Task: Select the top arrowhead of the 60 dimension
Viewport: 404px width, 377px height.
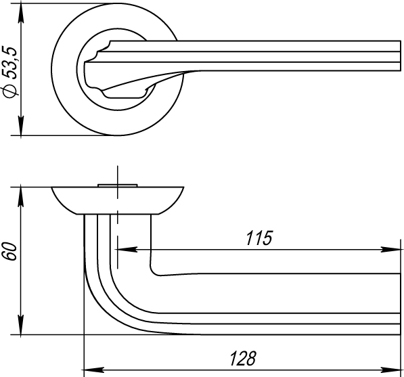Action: (22, 193)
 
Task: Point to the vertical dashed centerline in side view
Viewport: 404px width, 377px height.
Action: (117, 223)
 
